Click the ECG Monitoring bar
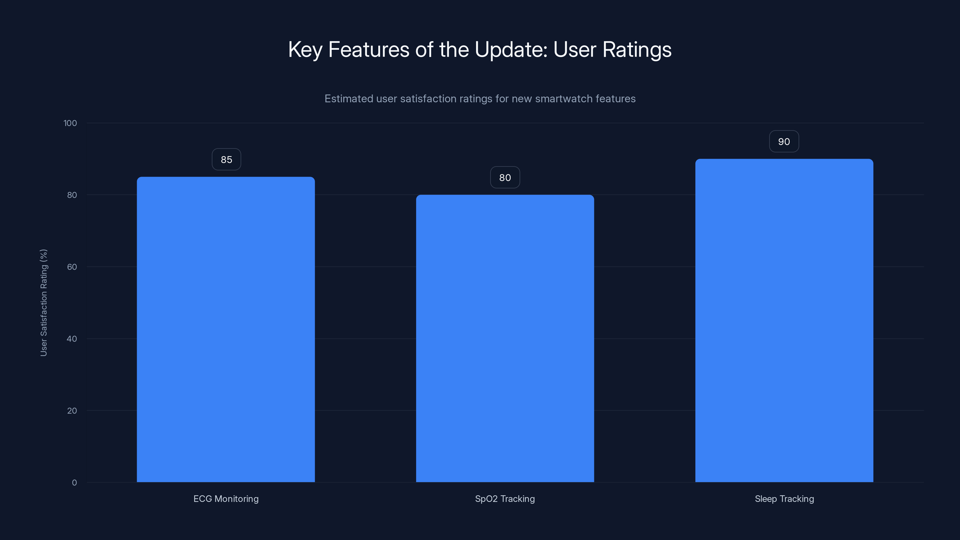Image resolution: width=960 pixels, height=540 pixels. pos(226,330)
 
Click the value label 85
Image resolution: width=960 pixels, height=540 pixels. pos(226,160)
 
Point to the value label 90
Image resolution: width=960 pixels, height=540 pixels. pos(784,142)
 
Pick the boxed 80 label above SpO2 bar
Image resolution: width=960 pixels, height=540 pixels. pos(505,178)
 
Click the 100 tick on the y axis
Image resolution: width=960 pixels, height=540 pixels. pos(70,123)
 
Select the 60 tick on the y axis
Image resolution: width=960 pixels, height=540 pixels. pos(72,267)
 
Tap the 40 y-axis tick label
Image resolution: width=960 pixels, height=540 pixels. pos(72,339)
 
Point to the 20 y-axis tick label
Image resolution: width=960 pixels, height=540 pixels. pos(72,411)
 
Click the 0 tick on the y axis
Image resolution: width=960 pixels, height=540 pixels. pos(74,483)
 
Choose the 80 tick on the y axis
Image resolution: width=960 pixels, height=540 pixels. pos(72,195)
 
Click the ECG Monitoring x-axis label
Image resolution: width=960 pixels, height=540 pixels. pos(226,499)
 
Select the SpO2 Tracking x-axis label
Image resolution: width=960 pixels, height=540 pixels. pos(505,499)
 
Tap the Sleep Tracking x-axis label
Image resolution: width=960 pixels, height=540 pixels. pos(784,499)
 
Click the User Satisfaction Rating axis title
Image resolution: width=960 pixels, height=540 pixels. pos(43,303)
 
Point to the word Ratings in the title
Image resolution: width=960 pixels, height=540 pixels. pos(637,49)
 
